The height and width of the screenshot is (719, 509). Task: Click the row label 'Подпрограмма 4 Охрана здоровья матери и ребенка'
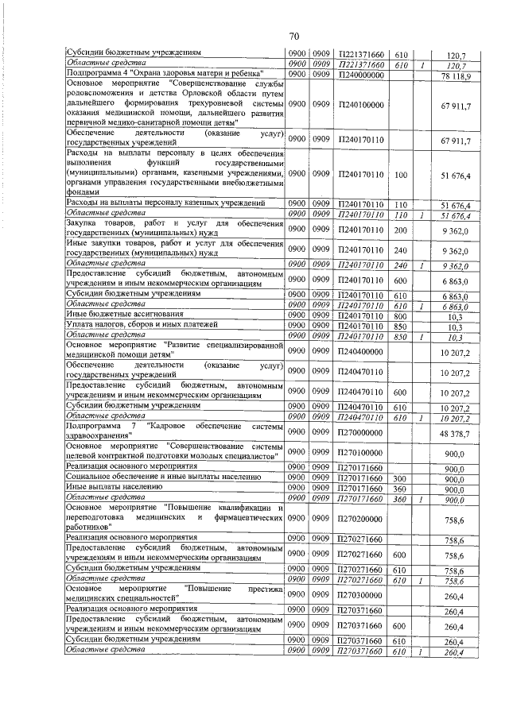(165, 75)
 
